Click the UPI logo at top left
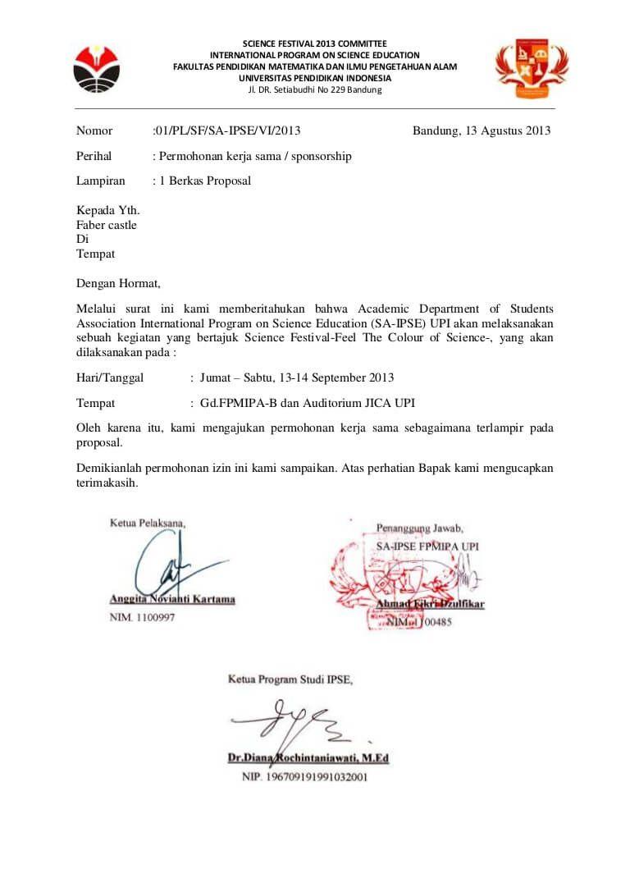[97, 69]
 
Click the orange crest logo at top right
[532, 68]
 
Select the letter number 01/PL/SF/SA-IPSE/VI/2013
[227, 130]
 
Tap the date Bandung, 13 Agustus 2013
[482, 130]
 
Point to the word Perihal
[94, 156]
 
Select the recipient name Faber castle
[107, 224]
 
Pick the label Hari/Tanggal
[110, 377]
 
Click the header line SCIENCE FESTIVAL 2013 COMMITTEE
[315, 43]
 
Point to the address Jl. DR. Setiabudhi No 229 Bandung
[315, 89]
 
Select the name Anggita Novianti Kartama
[172, 599]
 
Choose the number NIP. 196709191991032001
[304, 775]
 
